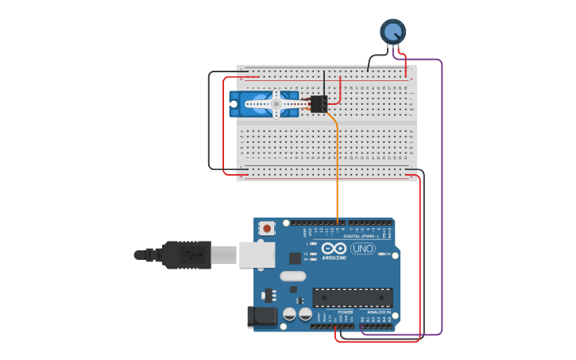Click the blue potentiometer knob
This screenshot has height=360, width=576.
pyautogui.click(x=392, y=31)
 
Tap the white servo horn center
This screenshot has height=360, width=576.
pyautogui.click(x=276, y=103)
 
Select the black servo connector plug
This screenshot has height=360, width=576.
pyautogui.click(x=319, y=104)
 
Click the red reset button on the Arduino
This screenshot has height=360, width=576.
pyautogui.click(x=267, y=228)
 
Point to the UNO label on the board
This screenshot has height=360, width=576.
pyautogui.click(x=363, y=249)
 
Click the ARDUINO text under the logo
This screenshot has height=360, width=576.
pyautogui.click(x=334, y=257)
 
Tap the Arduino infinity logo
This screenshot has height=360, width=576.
pyautogui.click(x=334, y=248)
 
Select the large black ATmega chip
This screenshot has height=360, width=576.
pyautogui.click(x=352, y=297)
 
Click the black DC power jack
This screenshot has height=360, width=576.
pyautogui.click(x=261, y=317)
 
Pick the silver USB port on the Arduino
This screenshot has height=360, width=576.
pyautogui.click(x=256, y=254)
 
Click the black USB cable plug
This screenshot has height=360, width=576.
pyautogui.click(x=187, y=255)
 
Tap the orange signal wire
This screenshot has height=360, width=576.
pyautogui.click(x=338, y=175)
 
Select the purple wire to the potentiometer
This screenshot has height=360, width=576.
pyautogui.click(x=441, y=199)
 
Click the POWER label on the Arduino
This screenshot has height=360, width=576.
pyautogui.click(x=346, y=312)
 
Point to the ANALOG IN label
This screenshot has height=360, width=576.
pyautogui.click(x=378, y=312)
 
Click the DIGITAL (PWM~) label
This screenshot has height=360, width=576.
pyautogui.click(x=360, y=236)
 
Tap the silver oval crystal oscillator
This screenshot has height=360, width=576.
pyautogui.click(x=292, y=277)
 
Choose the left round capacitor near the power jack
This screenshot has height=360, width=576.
pyautogui.click(x=289, y=314)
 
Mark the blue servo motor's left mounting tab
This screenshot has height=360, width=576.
pyautogui.click(x=234, y=104)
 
